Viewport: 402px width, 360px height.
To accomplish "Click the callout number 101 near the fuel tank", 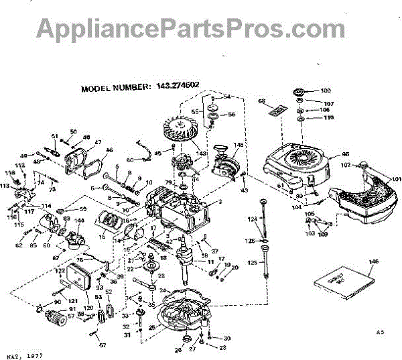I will point(396,179).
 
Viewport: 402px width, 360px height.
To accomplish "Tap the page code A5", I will point(380,332).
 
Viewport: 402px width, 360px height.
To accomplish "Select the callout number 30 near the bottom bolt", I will point(226,338).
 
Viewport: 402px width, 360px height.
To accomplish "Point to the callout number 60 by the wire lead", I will point(129,160).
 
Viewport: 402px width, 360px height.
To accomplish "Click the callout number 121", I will point(71,300).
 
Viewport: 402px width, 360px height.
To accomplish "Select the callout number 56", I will point(232,115).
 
